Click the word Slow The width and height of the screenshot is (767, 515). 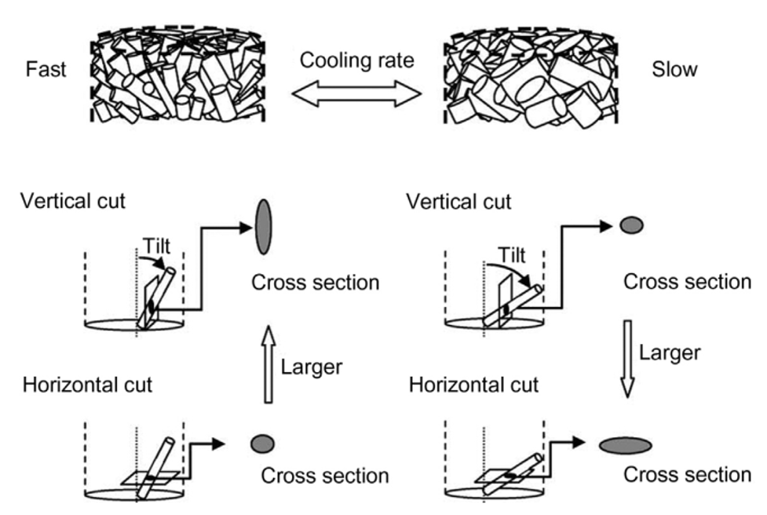tap(674, 70)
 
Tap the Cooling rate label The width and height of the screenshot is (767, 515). tap(358, 61)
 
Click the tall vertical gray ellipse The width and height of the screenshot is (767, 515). tap(264, 225)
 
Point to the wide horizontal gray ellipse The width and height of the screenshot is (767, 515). tap(625, 445)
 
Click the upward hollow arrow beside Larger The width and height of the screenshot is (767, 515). tap(268, 363)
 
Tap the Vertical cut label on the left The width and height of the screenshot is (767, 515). tap(74, 201)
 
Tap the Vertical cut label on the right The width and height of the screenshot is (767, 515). tap(459, 201)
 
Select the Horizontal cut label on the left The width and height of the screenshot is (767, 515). tap(87, 385)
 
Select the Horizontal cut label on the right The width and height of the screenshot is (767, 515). tap(474, 385)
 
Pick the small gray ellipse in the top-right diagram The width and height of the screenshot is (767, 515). tap(631, 225)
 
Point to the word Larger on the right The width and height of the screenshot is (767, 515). tap(669, 352)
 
